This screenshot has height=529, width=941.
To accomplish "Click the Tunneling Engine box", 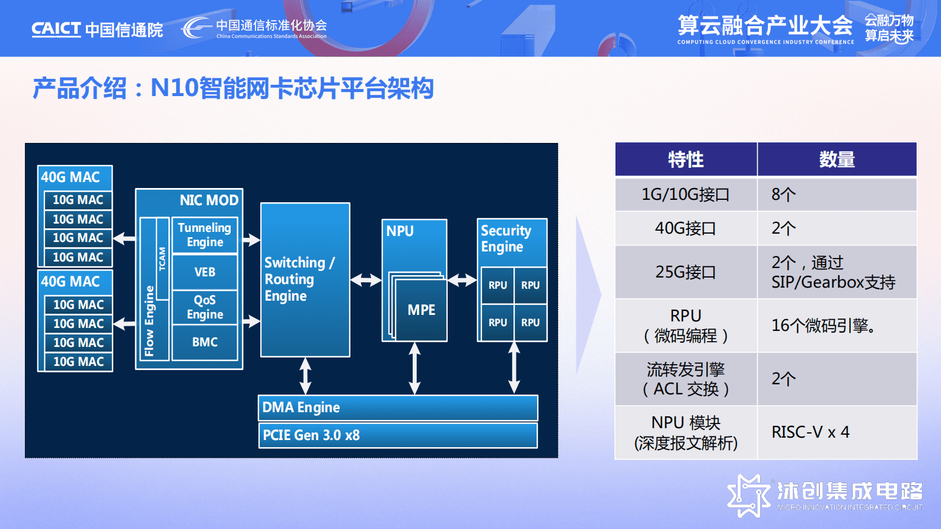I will pyautogui.click(x=205, y=235).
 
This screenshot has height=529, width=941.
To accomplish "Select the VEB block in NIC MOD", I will pyautogui.click(x=205, y=272).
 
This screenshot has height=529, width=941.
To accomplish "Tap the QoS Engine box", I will pyautogui.click(x=205, y=307).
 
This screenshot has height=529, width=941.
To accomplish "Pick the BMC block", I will pyautogui.click(x=205, y=342).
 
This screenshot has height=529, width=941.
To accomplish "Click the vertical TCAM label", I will pyautogui.click(x=162, y=259).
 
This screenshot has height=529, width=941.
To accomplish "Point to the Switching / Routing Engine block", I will pyautogui.click(x=305, y=280).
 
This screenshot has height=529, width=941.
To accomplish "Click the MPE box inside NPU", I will pyautogui.click(x=421, y=310).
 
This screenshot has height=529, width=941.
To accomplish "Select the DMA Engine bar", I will pyautogui.click(x=398, y=407).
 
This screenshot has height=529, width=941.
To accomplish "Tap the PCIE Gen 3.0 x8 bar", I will pyautogui.click(x=398, y=435).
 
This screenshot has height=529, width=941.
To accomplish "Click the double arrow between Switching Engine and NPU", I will pyautogui.click(x=366, y=280).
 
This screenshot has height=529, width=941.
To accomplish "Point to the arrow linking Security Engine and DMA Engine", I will pyautogui.click(x=514, y=368).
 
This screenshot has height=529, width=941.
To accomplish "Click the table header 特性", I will pyautogui.click(x=686, y=160).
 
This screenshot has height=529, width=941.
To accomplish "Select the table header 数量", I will pyautogui.click(x=837, y=160).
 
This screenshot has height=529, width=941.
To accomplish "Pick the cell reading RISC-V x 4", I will pyautogui.click(x=810, y=432).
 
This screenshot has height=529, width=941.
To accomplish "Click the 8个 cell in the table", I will pyautogui.click(x=783, y=195).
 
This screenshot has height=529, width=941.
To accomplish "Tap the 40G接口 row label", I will pyautogui.click(x=685, y=228).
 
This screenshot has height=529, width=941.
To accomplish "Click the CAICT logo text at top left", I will pyautogui.click(x=56, y=29).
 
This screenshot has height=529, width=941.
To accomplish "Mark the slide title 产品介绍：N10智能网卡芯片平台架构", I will pyautogui.click(x=233, y=88).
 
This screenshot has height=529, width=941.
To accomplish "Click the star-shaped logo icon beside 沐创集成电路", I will pyautogui.click(x=748, y=495).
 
